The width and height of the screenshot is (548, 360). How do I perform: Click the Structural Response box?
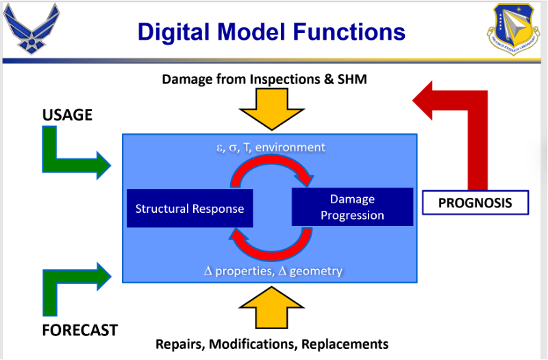pyautogui.click(x=190, y=208)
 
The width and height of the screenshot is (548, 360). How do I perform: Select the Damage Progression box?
pyautogui.click(x=352, y=207)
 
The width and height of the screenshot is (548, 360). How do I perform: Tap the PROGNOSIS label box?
pyautogui.click(x=475, y=203)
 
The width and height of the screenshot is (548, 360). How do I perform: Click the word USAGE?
pyautogui.click(x=67, y=115)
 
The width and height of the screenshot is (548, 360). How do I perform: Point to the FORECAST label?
pyautogui.click(x=79, y=330)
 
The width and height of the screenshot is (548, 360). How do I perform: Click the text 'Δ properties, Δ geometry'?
pyautogui.click(x=273, y=271)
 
